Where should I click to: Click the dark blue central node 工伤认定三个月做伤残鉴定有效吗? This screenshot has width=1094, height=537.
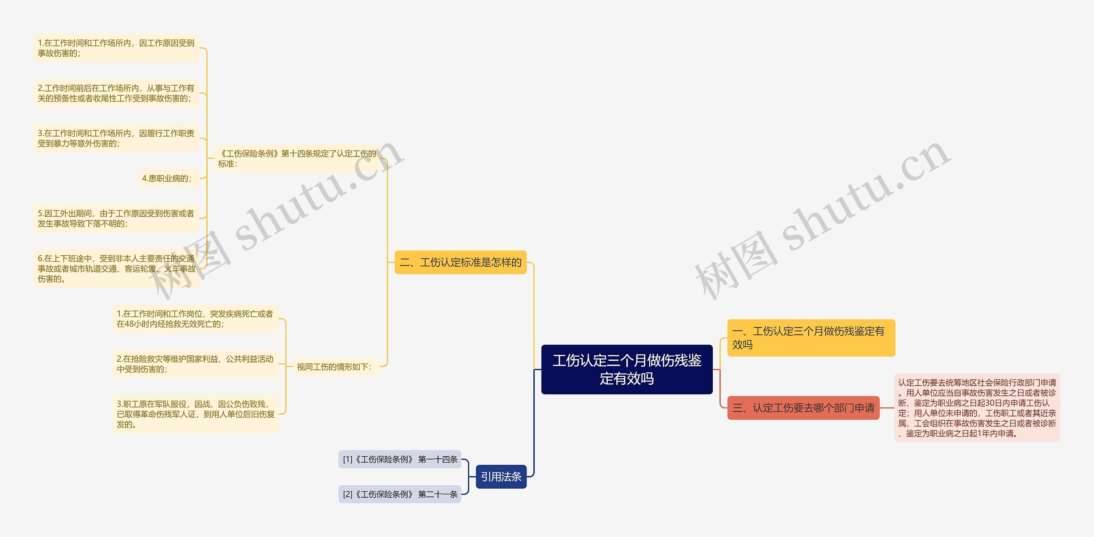click(626, 369)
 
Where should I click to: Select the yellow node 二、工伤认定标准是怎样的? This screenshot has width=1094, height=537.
click(460, 262)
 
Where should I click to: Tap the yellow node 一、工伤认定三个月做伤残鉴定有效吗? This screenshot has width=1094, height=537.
click(811, 338)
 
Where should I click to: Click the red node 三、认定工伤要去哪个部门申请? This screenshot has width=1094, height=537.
click(803, 408)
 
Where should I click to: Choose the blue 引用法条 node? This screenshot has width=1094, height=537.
click(501, 476)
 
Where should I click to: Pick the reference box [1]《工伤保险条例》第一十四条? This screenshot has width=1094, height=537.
click(400, 459)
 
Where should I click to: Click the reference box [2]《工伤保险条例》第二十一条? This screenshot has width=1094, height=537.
click(400, 494)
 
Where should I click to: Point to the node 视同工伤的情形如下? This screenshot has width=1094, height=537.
click(336, 366)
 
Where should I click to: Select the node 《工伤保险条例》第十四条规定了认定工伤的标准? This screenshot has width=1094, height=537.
click(297, 158)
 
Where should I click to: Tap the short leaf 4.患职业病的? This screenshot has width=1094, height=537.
click(168, 178)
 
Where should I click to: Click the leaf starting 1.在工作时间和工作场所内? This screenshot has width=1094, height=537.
click(116, 48)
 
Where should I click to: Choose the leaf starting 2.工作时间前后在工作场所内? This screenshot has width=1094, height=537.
click(116, 93)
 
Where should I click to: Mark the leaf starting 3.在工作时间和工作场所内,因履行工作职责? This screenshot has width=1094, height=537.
click(116, 138)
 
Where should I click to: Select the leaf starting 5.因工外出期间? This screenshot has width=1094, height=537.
click(116, 218)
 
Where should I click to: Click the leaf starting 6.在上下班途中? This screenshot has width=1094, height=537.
click(116, 268)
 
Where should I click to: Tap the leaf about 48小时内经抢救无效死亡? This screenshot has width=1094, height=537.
click(195, 319)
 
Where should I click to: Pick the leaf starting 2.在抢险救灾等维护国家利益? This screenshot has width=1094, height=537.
click(195, 364)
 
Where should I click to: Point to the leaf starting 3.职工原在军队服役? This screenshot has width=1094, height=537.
click(195, 414)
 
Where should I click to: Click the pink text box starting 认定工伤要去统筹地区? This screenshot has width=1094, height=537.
click(977, 408)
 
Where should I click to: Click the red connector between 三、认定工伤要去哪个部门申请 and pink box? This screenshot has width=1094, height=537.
click(887, 408)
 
